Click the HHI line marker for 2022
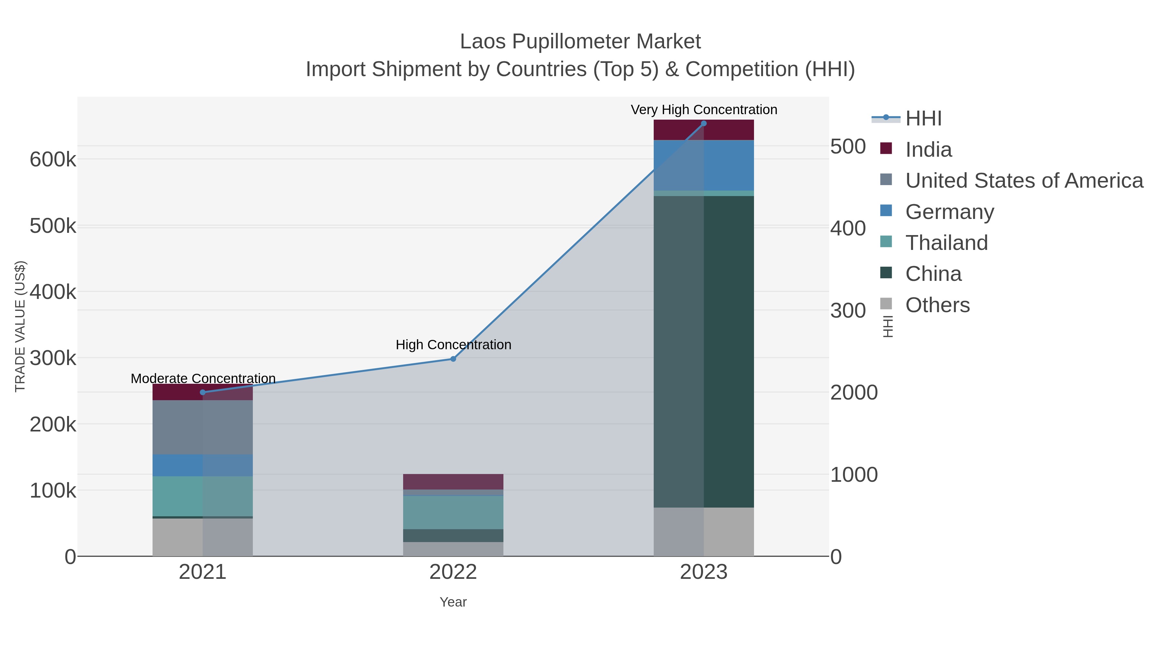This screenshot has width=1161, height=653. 453,359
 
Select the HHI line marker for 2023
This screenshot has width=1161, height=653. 704,124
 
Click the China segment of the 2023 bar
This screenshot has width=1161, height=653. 704,351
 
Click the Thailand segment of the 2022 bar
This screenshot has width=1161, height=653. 453,512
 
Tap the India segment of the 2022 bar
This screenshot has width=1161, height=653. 453,482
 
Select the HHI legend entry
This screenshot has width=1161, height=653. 923,119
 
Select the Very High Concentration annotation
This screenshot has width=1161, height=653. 704,110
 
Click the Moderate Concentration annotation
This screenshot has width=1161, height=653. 203,379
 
